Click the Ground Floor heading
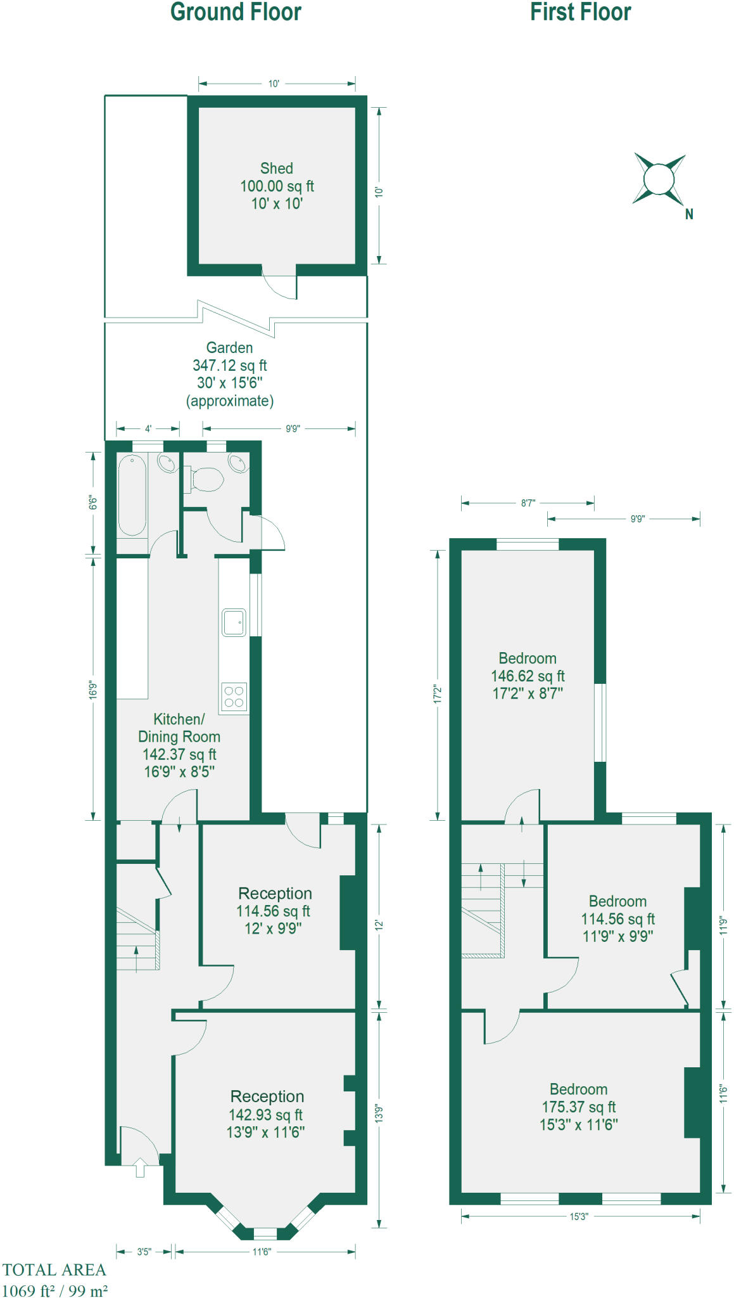(236, 13)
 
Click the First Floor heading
(580, 13)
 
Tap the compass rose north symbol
(659, 179)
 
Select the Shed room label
(277, 169)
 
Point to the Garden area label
(229, 348)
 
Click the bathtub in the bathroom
(132, 495)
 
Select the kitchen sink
(234, 622)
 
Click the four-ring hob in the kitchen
(234, 697)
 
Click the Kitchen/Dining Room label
(179, 728)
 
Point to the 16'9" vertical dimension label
(93, 690)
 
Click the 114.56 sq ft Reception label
(273, 911)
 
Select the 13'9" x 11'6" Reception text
(266, 1132)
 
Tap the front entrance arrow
(140, 1167)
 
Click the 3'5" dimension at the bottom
(144, 1252)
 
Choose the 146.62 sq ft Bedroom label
(528, 676)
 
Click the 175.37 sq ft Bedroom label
(578, 1107)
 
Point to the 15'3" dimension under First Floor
(579, 1216)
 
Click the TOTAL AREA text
(54, 1270)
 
